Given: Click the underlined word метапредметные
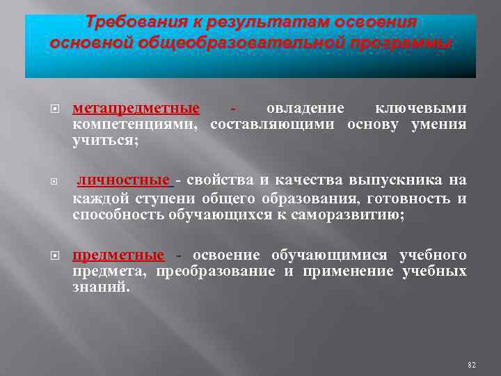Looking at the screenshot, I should [136, 109].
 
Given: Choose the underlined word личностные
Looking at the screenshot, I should [123, 181].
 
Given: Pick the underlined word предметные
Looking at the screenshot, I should [118, 254].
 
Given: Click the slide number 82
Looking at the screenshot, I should [471, 364].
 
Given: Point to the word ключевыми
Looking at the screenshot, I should [421, 109].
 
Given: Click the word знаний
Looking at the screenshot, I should [101, 287].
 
